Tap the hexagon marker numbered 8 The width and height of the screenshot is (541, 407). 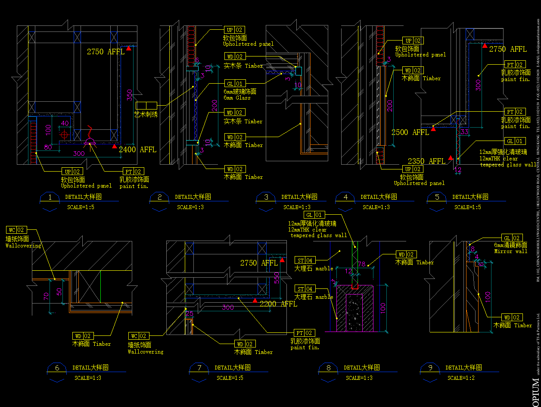(329, 368)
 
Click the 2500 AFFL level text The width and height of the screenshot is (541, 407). (410, 132)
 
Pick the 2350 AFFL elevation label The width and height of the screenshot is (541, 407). (426, 161)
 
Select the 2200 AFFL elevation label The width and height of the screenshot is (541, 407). (278, 304)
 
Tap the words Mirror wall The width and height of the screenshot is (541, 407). (510, 251)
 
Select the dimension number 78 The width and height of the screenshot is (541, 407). (362, 264)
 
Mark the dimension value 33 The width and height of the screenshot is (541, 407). (464, 132)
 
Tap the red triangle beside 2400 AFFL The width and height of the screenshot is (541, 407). (114, 147)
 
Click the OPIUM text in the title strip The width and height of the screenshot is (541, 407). (535, 391)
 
